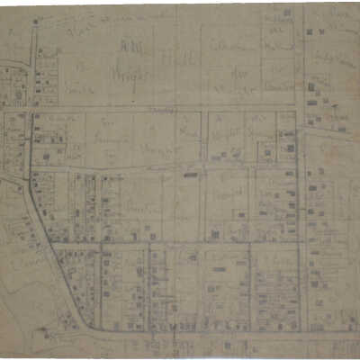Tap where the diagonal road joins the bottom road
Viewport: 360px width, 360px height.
point(90,328)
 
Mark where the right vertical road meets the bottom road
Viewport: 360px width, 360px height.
point(301,329)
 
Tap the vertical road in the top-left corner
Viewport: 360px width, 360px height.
point(33,63)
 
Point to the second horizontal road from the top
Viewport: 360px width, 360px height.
point(162,171)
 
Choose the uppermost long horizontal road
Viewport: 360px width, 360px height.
point(162,109)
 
